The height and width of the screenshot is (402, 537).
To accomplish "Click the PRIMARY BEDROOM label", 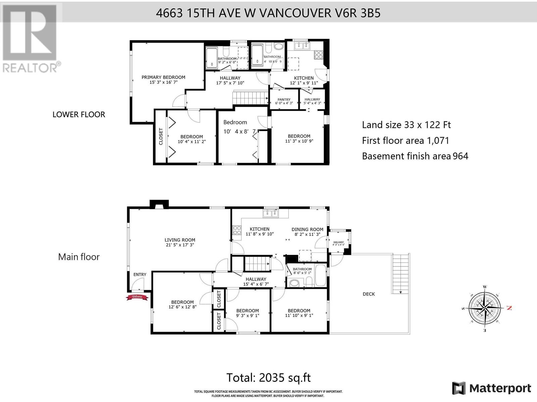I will tap(163, 77).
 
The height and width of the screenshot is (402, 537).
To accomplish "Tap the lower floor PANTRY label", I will tap(284, 99).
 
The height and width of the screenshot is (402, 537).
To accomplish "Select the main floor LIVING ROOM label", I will tap(180, 240).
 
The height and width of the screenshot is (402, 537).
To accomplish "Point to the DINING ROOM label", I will tap(307, 229).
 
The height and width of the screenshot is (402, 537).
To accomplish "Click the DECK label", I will tap(369, 294).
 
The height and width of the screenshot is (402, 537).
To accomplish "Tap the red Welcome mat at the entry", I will tap(137, 297).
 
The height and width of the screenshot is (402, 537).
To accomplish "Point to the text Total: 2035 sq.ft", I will tap(268, 378).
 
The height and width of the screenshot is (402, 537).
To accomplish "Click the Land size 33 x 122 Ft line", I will tap(406, 125).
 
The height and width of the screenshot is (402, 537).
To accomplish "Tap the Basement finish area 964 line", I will tap(415, 156).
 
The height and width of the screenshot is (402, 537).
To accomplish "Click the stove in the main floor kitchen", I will tap(237, 230).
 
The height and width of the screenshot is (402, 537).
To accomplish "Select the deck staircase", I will tap(400, 273).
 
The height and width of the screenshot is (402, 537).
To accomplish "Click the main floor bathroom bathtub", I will tap(321, 276).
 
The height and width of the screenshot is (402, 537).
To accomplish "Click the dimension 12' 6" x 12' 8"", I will tap(182, 307).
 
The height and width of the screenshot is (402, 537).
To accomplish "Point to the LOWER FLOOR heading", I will tap(79, 115).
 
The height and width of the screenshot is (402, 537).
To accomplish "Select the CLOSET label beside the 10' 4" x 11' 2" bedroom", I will tap(161, 137).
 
